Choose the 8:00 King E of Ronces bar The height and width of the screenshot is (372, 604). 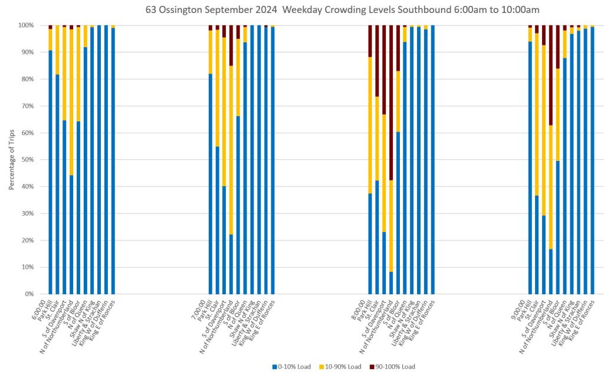click(433, 160)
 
